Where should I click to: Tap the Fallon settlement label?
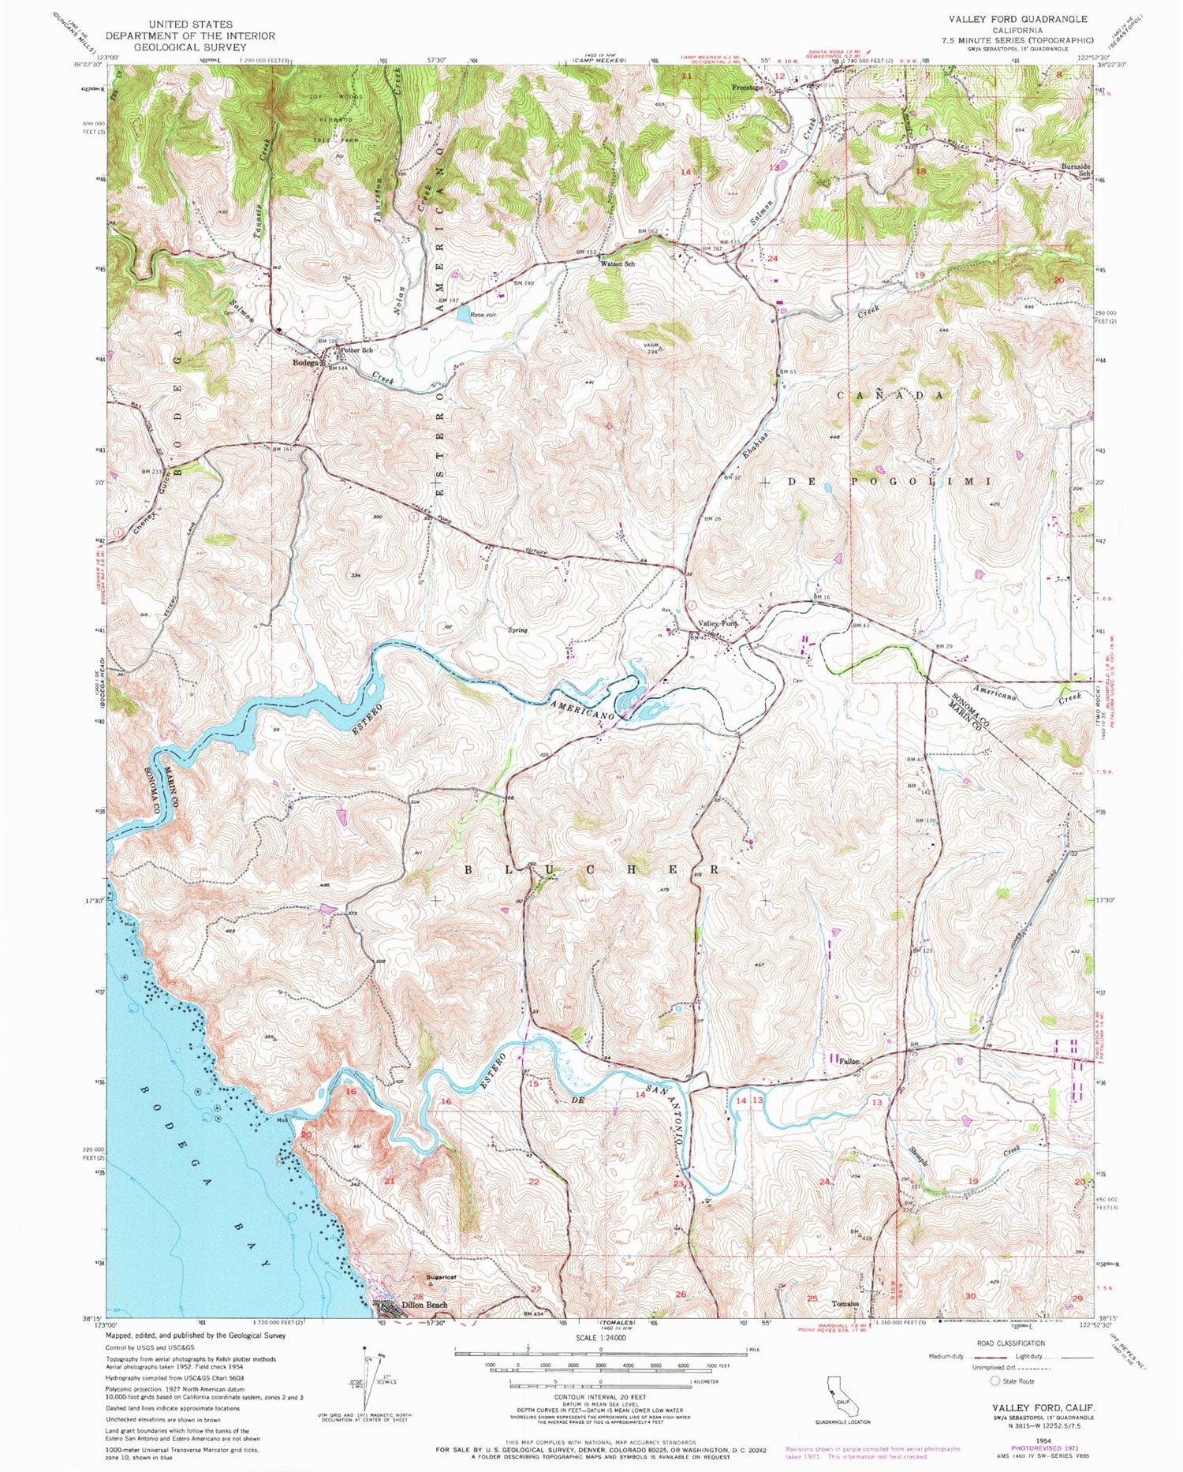(x=849, y=1061)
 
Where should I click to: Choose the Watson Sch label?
(x=618, y=263)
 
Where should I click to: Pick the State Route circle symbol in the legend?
(x=995, y=1380)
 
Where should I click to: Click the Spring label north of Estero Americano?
(x=517, y=630)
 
